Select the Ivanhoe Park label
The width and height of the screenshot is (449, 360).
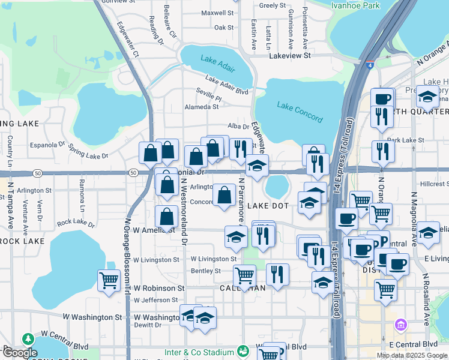point(363,5)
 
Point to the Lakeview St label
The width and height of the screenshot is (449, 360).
point(289,55)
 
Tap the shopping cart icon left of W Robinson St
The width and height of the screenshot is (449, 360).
point(109,280)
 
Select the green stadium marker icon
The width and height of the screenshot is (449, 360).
point(243,351)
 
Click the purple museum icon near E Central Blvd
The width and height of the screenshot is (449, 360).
point(400,326)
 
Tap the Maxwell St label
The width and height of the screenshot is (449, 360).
point(217,13)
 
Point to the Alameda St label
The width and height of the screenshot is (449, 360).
point(202,107)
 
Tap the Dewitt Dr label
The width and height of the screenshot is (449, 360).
point(147,325)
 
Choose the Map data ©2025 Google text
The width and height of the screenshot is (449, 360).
point(412,355)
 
